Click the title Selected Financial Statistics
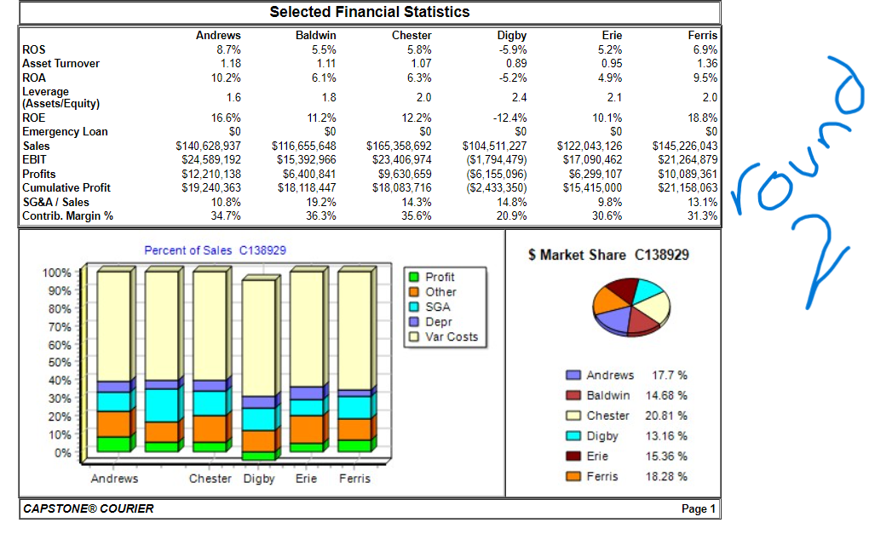pyautogui.click(x=369, y=12)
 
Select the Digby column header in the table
pyautogui.click(x=511, y=36)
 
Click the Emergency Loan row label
pyautogui.click(x=65, y=132)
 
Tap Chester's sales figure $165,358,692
pyautogui.click(x=399, y=146)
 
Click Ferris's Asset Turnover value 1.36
pyautogui.click(x=706, y=64)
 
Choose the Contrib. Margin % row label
pyautogui.click(x=67, y=216)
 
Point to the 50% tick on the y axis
pyautogui.click(x=58, y=363)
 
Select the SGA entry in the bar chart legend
pyautogui.click(x=438, y=307)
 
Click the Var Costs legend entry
pyautogui.click(x=451, y=337)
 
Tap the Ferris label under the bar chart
pyautogui.click(x=354, y=479)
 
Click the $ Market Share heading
pyautogui.click(x=608, y=255)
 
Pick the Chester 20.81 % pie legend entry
pyautogui.click(x=627, y=416)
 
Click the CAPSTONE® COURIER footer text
pyautogui.click(x=89, y=509)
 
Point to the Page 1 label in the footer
pyautogui.click(x=699, y=509)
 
